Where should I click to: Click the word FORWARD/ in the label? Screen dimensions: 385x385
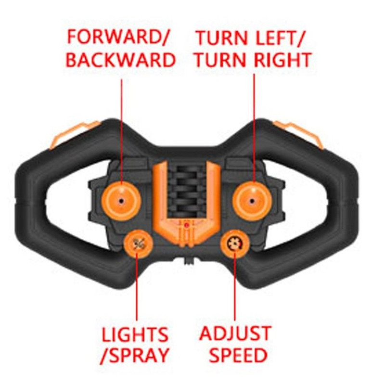tap(118, 37)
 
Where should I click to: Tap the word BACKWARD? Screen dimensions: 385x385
tap(121, 60)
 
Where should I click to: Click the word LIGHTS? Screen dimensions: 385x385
tap(135, 334)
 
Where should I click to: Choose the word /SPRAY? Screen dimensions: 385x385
tap(135, 356)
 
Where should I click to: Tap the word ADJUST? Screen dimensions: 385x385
tap(235, 333)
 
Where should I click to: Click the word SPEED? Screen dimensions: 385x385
tap(238, 355)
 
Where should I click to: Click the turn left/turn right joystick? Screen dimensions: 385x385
tap(252, 201)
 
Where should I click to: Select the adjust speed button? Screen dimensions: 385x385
tap(235, 244)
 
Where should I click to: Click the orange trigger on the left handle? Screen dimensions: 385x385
tap(74, 134)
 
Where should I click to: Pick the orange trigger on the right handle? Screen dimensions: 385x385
tap(299, 134)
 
